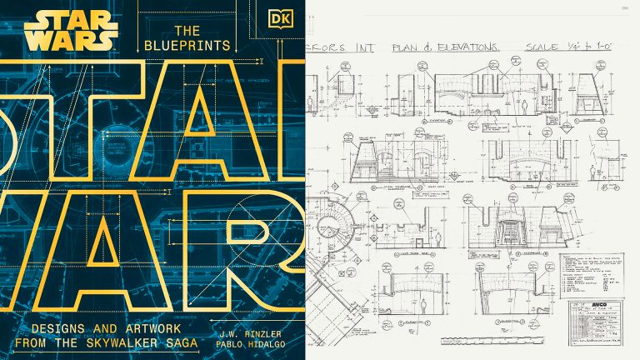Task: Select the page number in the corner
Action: pos(621,8)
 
